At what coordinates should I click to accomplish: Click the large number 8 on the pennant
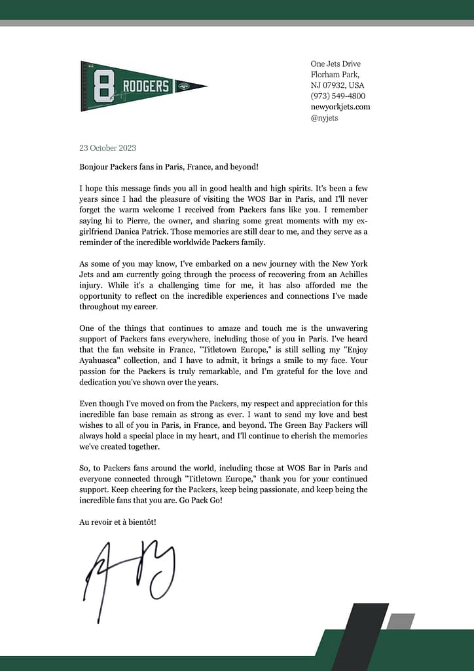(101, 86)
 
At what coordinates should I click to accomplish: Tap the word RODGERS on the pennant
(145, 86)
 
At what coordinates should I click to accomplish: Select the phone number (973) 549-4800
(338, 96)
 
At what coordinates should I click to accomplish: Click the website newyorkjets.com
(340, 107)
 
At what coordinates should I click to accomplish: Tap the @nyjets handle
(324, 118)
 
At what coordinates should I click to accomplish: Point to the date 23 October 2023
(107, 148)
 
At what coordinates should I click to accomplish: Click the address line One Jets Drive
(335, 64)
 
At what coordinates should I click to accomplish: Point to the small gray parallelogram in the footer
(400, 621)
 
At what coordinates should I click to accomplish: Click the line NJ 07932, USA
(337, 85)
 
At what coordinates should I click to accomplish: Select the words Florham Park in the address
(335, 75)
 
